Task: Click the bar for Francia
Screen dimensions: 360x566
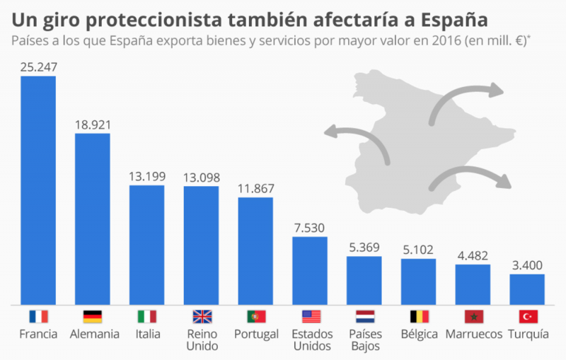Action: pos(38,191)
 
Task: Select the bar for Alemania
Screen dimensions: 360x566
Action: pos(93,219)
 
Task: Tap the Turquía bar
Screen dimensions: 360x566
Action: pos(527,290)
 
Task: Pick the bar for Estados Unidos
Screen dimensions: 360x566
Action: pos(310,271)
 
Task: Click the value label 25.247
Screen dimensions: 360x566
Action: pos(38,68)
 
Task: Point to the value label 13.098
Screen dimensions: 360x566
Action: pos(201,177)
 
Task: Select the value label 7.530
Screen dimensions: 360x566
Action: pos(310,228)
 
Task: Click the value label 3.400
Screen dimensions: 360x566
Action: pos(527,265)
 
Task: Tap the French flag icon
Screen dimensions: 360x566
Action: pos(38,316)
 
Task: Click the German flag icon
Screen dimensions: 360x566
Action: pos(93,316)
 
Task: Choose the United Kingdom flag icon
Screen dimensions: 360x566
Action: pos(202,316)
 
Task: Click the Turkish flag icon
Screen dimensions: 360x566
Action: pos(528,316)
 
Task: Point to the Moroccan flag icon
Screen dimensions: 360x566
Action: pos(473,316)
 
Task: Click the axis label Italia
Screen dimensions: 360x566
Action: pos(147,334)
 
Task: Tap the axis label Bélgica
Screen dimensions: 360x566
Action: pos(419,334)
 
